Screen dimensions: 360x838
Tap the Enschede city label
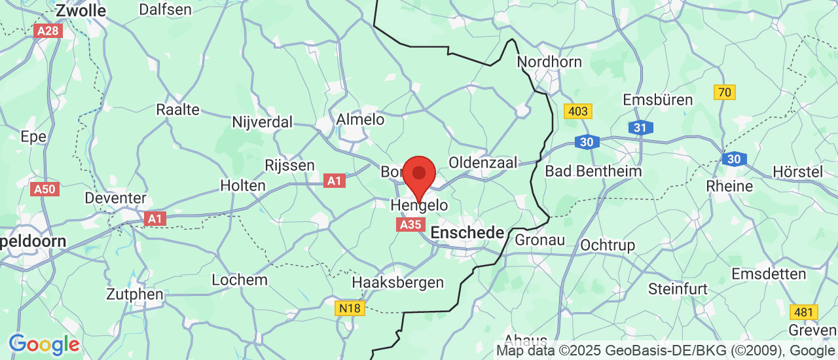coord(467,232)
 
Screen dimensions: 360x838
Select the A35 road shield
coord(410,225)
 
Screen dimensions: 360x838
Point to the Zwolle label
coord(81,10)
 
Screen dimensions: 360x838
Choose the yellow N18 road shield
coord(350,308)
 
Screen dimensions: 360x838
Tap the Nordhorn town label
coord(549,62)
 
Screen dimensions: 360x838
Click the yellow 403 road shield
coord(578,111)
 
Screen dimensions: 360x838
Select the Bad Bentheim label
coord(594,171)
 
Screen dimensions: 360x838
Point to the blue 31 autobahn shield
coord(640,128)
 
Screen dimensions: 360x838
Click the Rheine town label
coord(729,186)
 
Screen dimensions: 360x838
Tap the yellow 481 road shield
coord(803,312)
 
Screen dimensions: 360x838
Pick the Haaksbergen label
coord(398,283)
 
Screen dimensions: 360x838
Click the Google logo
coord(44,344)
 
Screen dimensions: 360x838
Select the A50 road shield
coord(45,189)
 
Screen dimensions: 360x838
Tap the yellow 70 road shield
coord(725,92)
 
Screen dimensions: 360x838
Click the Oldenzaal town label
coord(483,162)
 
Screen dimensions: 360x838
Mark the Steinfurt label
coord(678,288)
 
